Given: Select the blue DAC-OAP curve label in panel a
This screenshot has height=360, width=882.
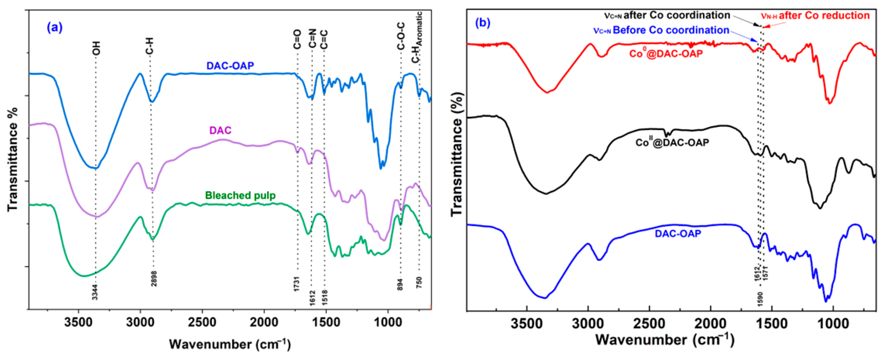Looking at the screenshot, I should tap(230, 65).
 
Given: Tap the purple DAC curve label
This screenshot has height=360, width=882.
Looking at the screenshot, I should tap(220, 131).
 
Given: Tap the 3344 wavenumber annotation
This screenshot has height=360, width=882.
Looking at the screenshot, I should tap(95, 292).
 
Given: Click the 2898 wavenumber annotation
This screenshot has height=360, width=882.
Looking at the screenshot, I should tap(154, 277).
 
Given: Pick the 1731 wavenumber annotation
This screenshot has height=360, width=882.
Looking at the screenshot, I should tap(297, 284).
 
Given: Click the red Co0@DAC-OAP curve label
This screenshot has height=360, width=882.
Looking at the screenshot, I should tap(666, 53).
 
